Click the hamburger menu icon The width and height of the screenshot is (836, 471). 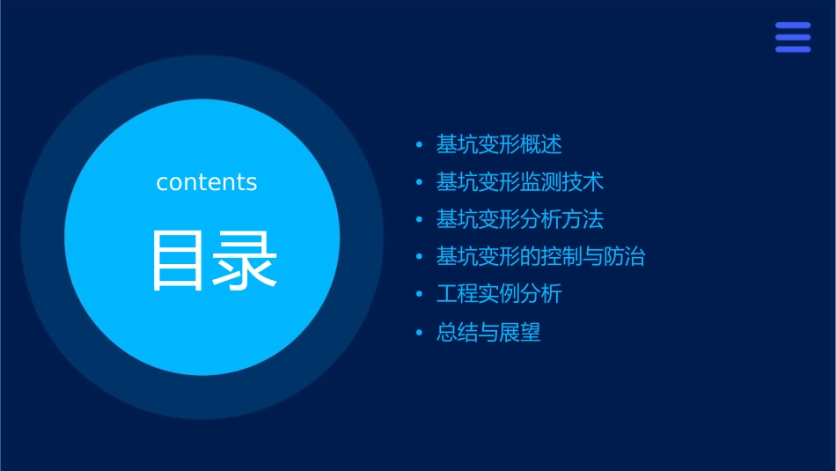792,37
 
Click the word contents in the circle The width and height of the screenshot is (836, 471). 207,182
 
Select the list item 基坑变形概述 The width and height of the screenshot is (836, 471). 499,144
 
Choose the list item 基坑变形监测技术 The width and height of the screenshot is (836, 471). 520,182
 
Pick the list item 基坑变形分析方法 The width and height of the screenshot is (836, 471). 520,219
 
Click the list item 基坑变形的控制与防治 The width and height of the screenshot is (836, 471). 540,257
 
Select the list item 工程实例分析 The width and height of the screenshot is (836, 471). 499,294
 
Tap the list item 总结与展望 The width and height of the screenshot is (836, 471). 488,333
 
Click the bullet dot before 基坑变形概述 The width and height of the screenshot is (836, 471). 420,144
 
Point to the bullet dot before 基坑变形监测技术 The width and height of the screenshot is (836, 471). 420,182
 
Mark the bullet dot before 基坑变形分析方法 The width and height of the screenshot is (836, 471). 420,220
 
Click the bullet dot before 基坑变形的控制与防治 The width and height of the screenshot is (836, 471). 420,257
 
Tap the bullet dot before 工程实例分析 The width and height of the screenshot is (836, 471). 420,295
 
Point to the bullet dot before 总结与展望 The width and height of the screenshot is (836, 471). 420,333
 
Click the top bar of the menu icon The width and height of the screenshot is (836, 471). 792,26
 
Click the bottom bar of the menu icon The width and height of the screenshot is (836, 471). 792,49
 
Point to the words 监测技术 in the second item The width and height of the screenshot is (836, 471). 561,182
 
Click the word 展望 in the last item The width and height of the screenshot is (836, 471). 520,333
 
